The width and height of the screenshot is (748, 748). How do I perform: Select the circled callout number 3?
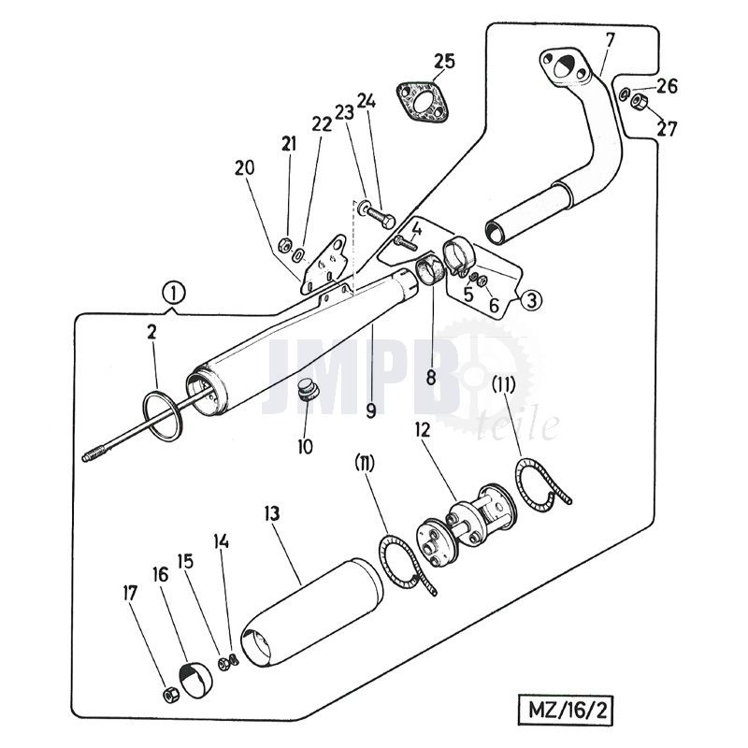529,300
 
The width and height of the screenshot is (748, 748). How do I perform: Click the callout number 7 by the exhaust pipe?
610,40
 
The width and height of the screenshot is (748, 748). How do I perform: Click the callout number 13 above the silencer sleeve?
272,514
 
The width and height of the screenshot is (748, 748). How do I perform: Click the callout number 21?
289,145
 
